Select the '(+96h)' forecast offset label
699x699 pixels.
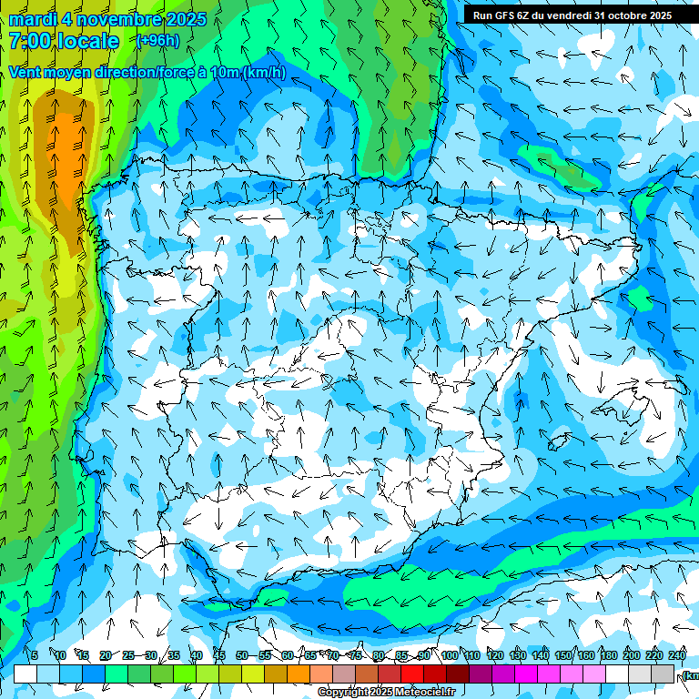157,40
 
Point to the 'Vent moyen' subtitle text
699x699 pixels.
46,72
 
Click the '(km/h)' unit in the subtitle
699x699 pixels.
264,72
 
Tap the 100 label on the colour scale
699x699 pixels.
450,655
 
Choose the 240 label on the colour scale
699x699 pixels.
677,655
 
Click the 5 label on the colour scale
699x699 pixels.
35,655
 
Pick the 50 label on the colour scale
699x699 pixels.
241,655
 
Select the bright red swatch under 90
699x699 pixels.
412,674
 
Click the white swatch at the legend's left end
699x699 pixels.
25,674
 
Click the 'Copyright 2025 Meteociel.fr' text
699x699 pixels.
387,693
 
